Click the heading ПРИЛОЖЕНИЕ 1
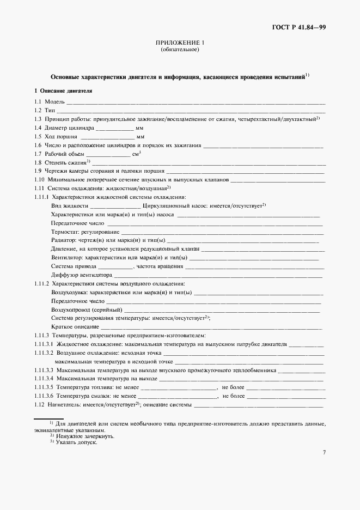coord(180,42)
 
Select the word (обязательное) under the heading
coord(180,50)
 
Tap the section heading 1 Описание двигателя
coord(63,90)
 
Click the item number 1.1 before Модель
coord(38,102)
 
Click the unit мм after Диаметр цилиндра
coord(140,129)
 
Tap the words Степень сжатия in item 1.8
coord(65,162)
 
